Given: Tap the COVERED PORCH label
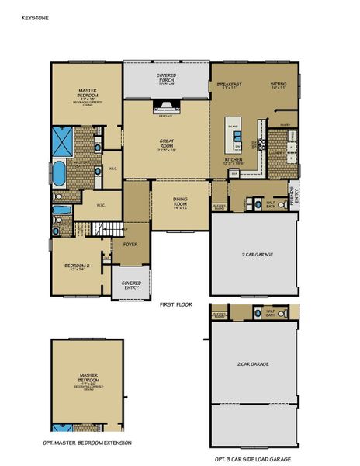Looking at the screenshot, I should tap(166, 78).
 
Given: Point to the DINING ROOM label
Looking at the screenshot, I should tap(180, 202).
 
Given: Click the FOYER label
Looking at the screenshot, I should tap(130, 243).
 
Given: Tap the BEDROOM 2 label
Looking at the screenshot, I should tap(76, 268).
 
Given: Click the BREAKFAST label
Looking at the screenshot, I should tap(230, 85).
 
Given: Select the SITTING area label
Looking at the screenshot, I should tap(278, 85).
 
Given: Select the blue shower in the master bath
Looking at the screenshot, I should tap(63, 141).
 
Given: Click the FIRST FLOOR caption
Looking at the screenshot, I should tap(175, 305).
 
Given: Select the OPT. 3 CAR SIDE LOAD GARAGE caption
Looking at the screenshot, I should tap(254, 459).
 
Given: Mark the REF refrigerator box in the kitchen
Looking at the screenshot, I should tap(234, 174).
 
